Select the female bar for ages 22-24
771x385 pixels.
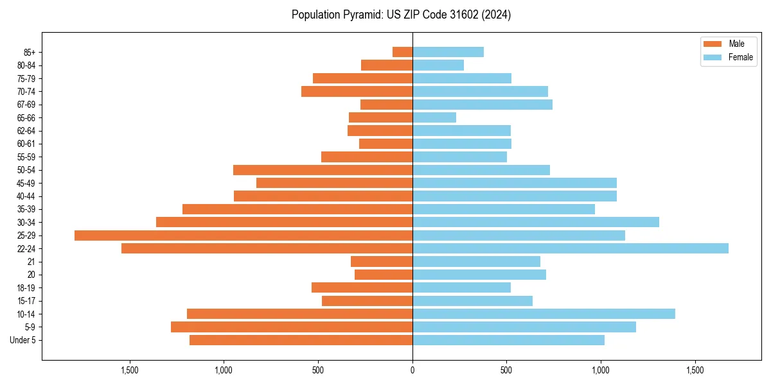(570, 248)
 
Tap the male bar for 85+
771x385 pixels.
(402, 52)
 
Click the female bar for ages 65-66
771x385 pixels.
(434, 117)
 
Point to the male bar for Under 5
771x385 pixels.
(301, 340)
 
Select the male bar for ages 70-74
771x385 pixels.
(357, 92)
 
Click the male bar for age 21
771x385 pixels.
(382, 262)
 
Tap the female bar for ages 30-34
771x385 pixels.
(535, 222)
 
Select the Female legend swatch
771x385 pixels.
(713, 57)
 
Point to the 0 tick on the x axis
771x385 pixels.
(412, 371)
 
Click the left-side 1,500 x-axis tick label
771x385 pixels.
(130, 371)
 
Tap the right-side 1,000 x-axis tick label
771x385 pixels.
(601, 371)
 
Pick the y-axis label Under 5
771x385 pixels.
(22, 340)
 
